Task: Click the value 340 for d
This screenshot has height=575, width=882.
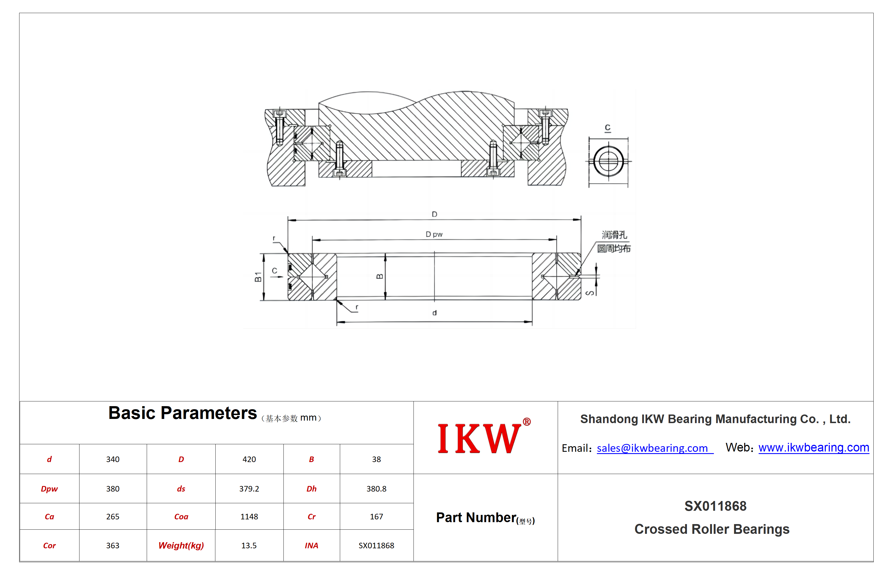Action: pyautogui.click(x=113, y=459)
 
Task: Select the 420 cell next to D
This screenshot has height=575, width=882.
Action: pyautogui.click(x=249, y=459)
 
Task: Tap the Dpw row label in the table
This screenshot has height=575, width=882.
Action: pyautogui.click(x=49, y=489)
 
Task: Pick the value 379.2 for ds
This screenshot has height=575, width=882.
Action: pyautogui.click(x=249, y=489)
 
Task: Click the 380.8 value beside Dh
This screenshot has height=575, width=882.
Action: pyautogui.click(x=376, y=489)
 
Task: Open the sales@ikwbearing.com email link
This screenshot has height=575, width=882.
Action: pyautogui.click(x=655, y=448)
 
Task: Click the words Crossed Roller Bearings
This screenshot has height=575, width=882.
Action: pyautogui.click(x=712, y=529)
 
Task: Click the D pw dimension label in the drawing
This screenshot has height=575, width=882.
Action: pyautogui.click(x=434, y=235)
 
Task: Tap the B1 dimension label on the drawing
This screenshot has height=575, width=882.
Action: pyautogui.click(x=258, y=277)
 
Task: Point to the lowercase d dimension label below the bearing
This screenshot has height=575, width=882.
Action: pyautogui.click(x=434, y=313)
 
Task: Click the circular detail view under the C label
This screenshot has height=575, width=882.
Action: pyautogui.click(x=608, y=161)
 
